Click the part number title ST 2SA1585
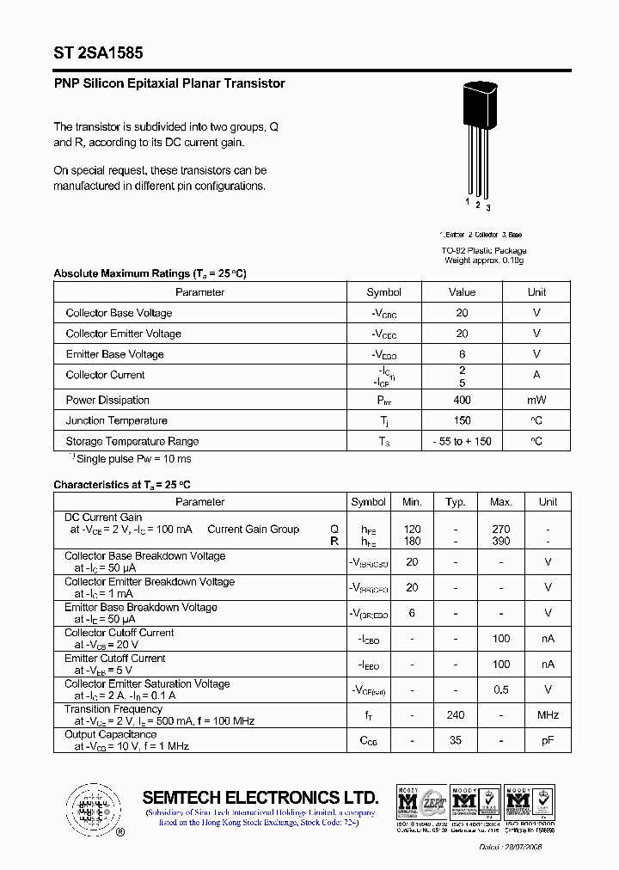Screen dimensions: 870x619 [92, 52]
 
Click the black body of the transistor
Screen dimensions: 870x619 [479, 107]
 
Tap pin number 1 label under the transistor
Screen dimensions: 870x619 [468, 201]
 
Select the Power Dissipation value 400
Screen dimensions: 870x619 [462, 400]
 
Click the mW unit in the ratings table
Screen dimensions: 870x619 [536, 400]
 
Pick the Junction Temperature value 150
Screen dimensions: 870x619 [462, 420]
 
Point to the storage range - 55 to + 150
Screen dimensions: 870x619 [462, 441]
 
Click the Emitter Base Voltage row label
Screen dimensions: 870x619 [114, 354]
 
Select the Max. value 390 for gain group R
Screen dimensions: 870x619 [500, 541]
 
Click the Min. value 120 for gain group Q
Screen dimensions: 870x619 [412, 530]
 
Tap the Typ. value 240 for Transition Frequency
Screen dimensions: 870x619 [456, 715]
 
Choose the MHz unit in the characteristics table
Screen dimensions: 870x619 [548, 715]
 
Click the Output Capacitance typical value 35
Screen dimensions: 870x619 [456, 740]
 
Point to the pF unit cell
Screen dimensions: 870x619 [548, 740]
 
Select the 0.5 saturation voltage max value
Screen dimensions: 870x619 [500, 689]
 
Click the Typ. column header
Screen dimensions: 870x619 [456, 502]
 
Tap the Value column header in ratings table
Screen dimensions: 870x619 [462, 292]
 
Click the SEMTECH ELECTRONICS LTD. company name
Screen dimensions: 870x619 [260, 797]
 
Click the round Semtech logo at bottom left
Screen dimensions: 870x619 [90, 808]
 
